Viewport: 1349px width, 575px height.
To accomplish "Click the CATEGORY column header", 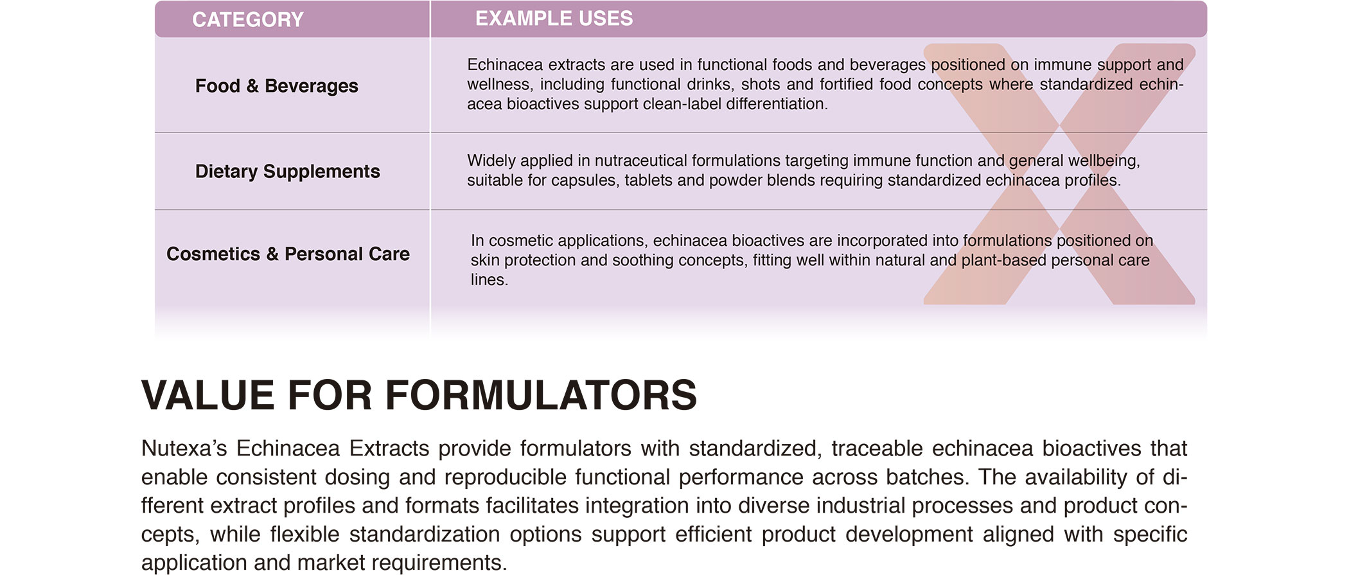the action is click(x=247, y=20).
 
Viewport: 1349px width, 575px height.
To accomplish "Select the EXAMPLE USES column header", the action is click(x=554, y=19).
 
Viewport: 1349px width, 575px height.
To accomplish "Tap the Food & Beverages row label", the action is click(x=276, y=86).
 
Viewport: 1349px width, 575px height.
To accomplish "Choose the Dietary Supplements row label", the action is click(x=287, y=172).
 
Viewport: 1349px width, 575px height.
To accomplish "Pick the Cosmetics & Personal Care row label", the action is click(x=288, y=254).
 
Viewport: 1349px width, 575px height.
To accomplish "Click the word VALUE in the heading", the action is click(x=208, y=395).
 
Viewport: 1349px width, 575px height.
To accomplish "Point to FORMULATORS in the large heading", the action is click(x=541, y=395).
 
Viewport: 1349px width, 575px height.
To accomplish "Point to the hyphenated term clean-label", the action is click(x=682, y=104).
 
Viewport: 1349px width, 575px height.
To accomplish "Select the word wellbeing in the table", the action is click(x=1104, y=161).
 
